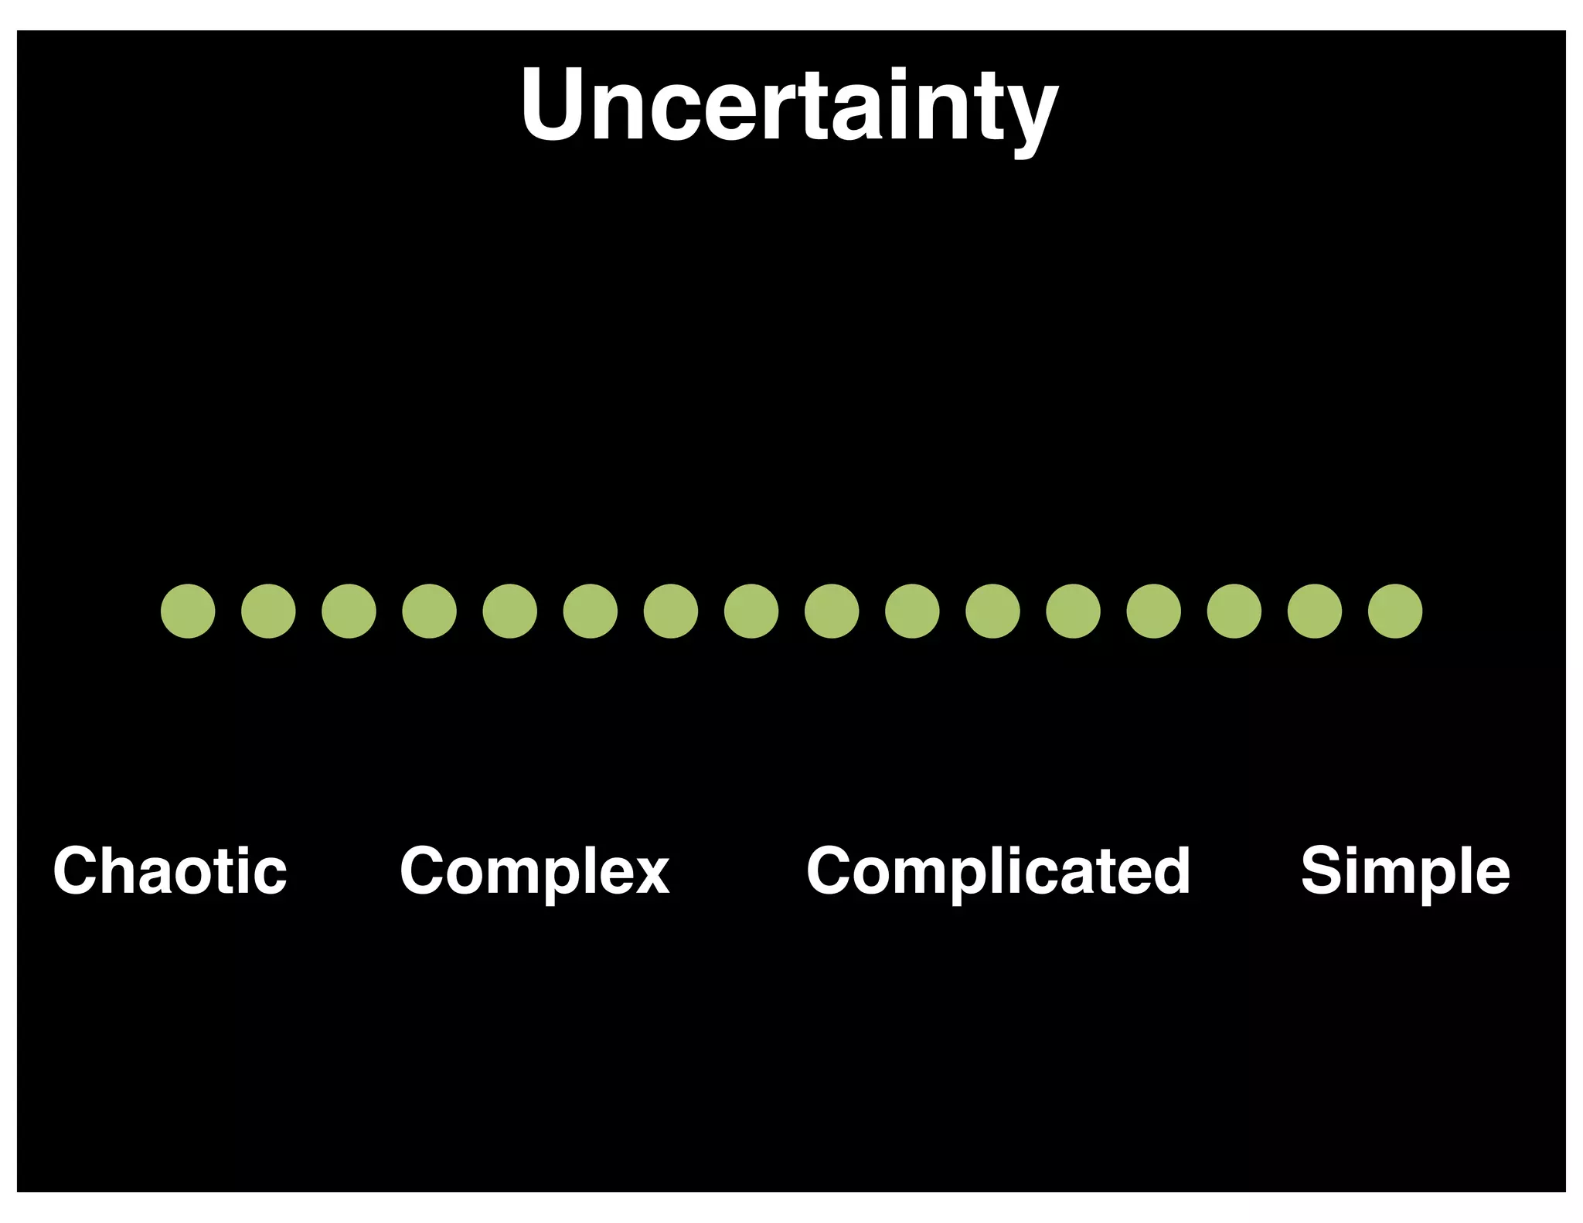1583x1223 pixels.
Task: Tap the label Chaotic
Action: (x=170, y=870)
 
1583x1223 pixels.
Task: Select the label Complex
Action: (x=534, y=872)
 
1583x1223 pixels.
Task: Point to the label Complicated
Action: (x=998, y=870)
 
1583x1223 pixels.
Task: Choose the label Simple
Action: (x=1405, y=872)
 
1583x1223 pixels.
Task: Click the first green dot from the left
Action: (x=188, y=611)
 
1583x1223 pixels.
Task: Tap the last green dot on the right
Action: (x=1395, y=611)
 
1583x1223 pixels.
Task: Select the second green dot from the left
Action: (x=268, y=611)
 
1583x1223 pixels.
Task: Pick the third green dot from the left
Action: (x=349, y=611)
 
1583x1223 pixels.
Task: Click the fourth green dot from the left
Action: (x=429, y=611)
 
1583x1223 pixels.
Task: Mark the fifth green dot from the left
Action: (x=509, y=611)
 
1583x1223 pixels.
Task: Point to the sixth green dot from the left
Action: (x=591, y=611)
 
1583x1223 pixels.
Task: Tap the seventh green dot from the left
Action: (x=671, y=611)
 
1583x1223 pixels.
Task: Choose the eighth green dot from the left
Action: (x=751, y=611)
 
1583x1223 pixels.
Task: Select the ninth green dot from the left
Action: (x=832, y=611)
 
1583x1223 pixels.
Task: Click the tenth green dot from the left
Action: (x=912, y=611)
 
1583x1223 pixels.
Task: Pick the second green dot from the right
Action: (x=1315, y=611)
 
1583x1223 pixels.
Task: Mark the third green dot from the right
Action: (x=1234, y=611)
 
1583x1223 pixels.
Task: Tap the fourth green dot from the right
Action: (x=1154, y=611)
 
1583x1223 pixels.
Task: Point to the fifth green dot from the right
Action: (x=1073, y=611)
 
